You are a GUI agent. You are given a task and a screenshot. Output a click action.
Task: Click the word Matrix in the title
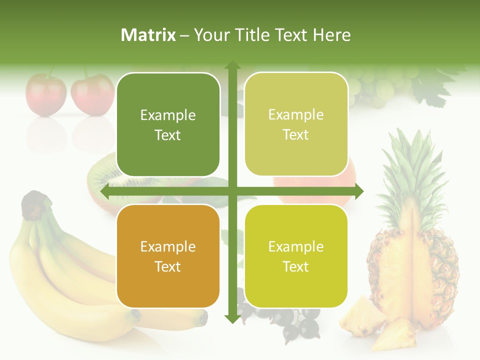tap(148, 35)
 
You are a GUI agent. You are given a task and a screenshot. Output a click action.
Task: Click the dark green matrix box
tap(168, 124)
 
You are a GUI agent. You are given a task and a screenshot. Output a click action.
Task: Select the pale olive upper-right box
tap(296, 124)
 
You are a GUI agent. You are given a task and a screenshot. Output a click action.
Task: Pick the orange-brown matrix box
tap(168, 256)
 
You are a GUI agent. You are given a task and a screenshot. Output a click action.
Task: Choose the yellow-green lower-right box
tap(296, 256)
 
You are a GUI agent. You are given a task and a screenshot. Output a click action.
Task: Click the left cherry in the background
tap(46, 95)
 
